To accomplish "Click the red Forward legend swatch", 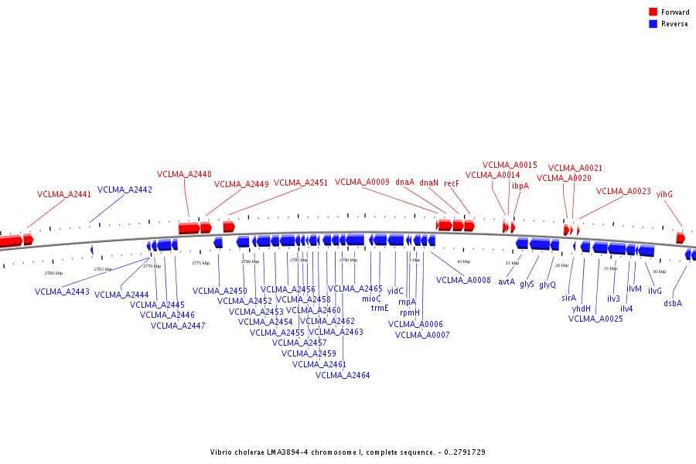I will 653,12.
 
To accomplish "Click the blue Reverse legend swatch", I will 653,24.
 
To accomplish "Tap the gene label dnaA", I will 405,183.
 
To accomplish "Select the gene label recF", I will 452,183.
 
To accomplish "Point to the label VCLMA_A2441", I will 64,195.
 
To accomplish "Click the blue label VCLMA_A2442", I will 125,189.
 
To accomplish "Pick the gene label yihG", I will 664,195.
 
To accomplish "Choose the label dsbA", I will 673,303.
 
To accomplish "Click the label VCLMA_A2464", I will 343,375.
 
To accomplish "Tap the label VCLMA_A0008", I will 463,280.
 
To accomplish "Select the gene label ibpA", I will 520,186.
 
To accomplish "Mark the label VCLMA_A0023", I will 623,191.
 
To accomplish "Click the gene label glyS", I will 527,284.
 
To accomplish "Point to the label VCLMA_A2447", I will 178,326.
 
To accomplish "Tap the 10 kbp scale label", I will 463,261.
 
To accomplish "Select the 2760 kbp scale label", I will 53,273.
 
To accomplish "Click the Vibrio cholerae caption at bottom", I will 348,452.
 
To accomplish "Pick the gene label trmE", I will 380,308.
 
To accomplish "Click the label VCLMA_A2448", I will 184,174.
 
